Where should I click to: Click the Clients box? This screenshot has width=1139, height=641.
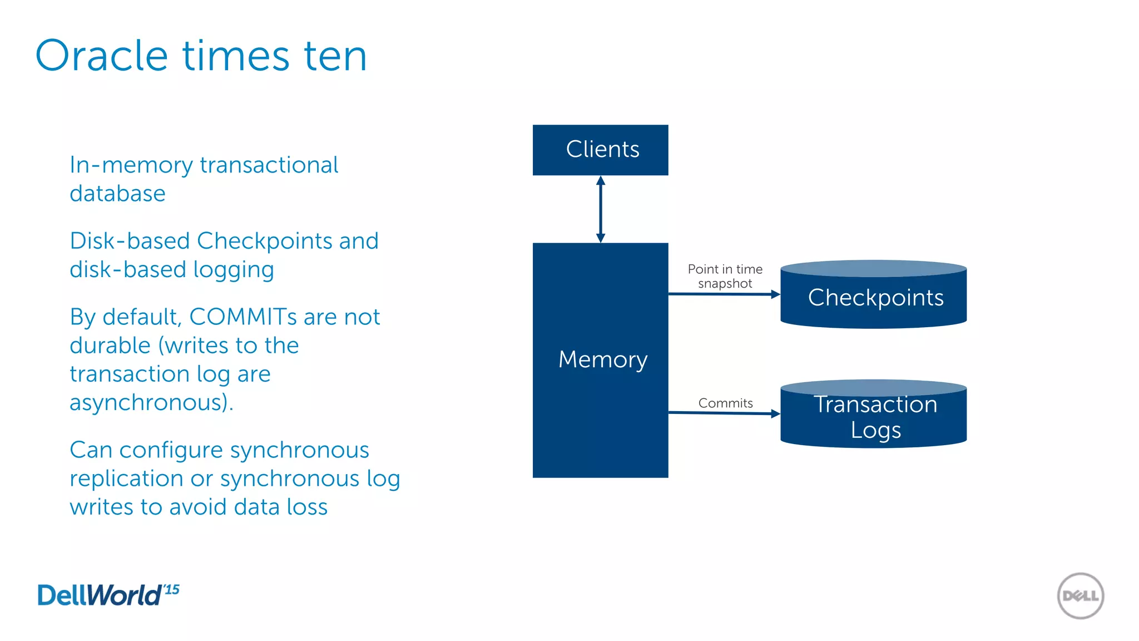click(600, 150)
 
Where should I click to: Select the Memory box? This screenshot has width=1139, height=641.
click(600, 360)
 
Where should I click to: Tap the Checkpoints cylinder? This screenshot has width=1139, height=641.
click(873, 296)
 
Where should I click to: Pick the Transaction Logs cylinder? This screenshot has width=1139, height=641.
click(873, 416)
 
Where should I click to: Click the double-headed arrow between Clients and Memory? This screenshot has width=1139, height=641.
click(600, 209)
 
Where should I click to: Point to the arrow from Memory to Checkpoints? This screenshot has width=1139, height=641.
click(723, 294)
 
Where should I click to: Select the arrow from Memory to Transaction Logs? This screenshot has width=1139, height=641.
click(723, 413)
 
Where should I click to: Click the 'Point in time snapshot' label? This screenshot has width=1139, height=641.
click(725, 276)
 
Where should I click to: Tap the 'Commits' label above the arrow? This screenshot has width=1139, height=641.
click(725, 403)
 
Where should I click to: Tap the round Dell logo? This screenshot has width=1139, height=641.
click(1080, 596)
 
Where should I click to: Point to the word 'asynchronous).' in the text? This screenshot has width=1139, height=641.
click(151, 402)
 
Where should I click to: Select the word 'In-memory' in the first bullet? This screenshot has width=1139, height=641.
click(131, 165)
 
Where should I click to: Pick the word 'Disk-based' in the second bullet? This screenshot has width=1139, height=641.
click(130, 241)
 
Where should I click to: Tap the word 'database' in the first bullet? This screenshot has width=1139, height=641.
click(117, 194)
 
